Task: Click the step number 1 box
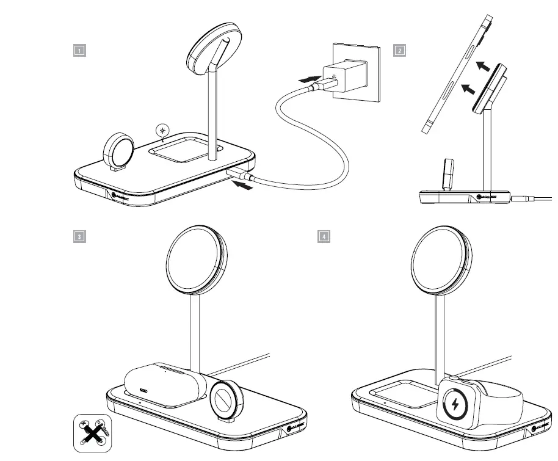tap(79, 51)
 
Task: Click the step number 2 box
tap(400, 51)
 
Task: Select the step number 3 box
tap(79, 236)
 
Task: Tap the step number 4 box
tap(324, 236)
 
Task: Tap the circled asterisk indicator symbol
tap(162, 130)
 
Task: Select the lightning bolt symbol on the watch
tap(455, 404)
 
